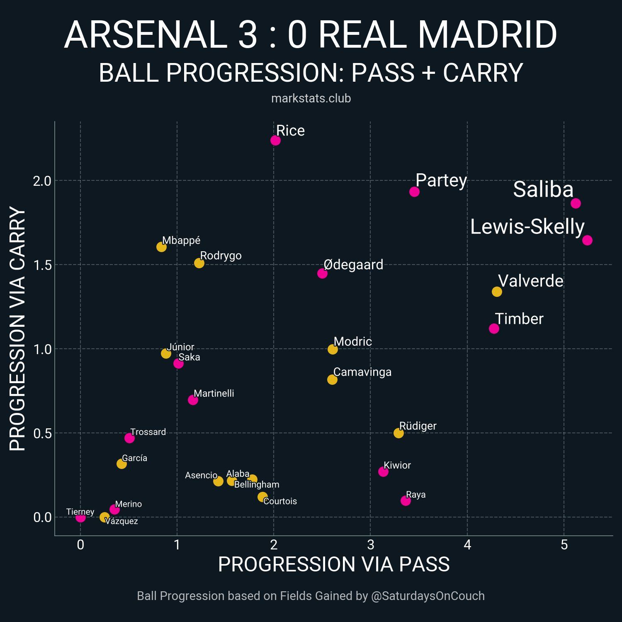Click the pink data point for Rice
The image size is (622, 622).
coord(275,140)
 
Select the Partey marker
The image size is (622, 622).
coord(414,192)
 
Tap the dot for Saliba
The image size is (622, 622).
coord(576,203)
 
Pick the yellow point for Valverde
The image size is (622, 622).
coord(497,292)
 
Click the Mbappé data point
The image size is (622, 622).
coord(161,247)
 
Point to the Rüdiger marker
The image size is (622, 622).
coord(398,433)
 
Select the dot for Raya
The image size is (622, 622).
coord(406,501)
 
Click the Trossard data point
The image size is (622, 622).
coord(129,438)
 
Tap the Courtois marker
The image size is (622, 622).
coord(262,497)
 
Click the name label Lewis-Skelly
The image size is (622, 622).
coord(527,227)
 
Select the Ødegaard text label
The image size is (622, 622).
coord(353,265)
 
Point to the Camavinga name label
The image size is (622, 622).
coord(362,372)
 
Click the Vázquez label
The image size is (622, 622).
coord(121,521)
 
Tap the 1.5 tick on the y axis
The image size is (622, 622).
coord(42,265)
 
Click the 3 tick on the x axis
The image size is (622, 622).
coord(370,545)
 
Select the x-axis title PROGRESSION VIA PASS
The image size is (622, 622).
coord(334,564)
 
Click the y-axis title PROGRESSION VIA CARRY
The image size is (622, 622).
coord(17,328)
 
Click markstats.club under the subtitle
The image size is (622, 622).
coord(311,98)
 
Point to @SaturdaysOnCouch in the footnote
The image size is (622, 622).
coord(428,596)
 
